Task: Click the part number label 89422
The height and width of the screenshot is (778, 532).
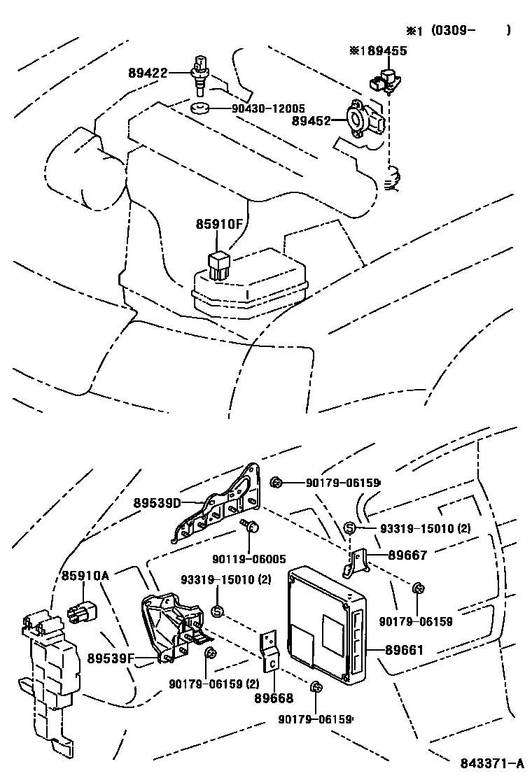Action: pos(148,72)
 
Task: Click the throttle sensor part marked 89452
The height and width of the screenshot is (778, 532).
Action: pos(363,119)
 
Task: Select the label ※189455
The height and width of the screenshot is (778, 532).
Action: pos(377,51)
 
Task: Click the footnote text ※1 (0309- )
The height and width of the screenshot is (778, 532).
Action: pos(458,30)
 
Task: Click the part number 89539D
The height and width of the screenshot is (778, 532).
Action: pos(157,503)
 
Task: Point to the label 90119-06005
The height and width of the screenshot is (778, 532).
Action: pos(248,558)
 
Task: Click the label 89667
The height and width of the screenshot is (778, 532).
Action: pos(407,554)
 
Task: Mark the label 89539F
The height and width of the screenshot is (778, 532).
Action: pos(111,658)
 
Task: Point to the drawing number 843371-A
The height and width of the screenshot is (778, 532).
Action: pos(492,763)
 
